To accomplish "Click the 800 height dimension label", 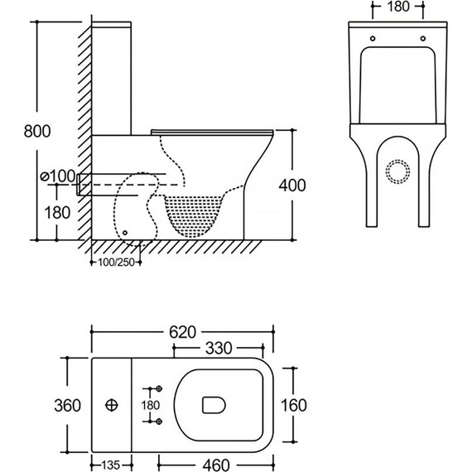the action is pyautogui.click(x=37, y=131).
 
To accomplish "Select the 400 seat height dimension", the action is pyautogui.click(x=292, y=185).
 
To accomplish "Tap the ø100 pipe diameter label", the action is pyautogui.click(x=58, y=176).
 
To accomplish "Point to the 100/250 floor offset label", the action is pyautogui.click(x=116, y=262).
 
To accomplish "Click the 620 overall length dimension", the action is pyautogui.click(x=182, y=332).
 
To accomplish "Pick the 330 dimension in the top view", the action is pyautogui.click(x=219, y=349).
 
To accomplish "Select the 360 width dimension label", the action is pyautogui.click(x=67, y=406).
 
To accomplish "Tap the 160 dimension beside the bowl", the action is pyautogui.click(x=294, y=405).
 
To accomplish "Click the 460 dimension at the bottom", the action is pyautogui.click(x=216, y=465).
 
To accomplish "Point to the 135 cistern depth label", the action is pyautogui.click(x=111, y=465).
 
